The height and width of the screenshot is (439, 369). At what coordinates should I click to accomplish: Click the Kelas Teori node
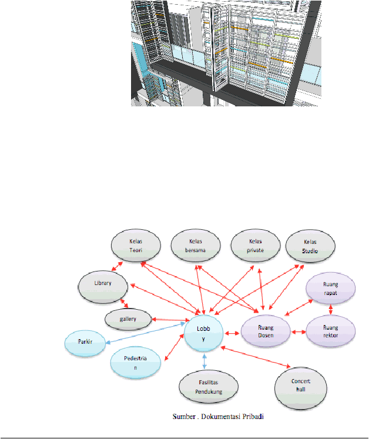click(x=136, y=246)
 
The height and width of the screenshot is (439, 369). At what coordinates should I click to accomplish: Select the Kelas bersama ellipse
click(x=196, y=246)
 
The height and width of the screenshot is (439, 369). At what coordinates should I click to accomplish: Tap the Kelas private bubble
click(x=256, y=246)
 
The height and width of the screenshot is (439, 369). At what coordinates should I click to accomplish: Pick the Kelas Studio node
click(x=310, y=246)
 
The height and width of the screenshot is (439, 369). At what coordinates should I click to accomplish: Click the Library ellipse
click(x=103, y=287)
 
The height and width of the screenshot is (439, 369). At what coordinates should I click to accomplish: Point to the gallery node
click(x=128, y=320)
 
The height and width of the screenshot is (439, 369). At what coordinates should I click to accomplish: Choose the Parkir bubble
click(x=85, y=343)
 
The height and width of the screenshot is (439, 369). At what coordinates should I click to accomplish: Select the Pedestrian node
click(x=136, y=363)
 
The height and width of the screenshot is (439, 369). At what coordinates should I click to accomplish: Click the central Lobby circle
click(x=203, y=333)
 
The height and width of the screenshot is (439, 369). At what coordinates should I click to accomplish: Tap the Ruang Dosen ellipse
click(x=266, y=331)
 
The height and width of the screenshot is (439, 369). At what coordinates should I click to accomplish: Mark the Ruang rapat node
click(x=331, y=289)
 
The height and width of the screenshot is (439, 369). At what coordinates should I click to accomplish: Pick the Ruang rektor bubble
click(x=331, y=331)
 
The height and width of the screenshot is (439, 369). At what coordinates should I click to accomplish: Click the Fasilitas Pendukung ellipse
click(x=209, y=387)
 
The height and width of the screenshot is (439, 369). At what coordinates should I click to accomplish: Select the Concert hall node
click(x=301, y=388)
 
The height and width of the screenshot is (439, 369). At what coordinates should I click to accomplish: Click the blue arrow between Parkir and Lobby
click(x=145, y=333)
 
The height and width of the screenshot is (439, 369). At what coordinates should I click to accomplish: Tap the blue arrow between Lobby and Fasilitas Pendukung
click(x=204, y=361)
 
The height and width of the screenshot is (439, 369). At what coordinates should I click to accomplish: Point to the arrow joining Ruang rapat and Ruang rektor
click(x=331, y=310)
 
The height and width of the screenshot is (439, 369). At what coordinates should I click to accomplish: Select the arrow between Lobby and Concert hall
click(x=256, y=357)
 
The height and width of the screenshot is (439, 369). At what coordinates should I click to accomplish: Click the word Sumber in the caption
click(x=184, y=417)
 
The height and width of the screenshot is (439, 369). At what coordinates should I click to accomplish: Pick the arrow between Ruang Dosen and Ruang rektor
click(x=298, y=332)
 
